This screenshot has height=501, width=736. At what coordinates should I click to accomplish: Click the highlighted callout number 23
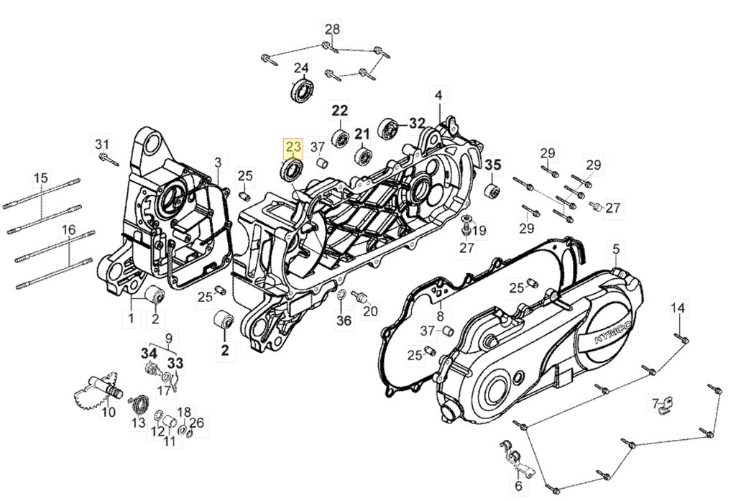tap(293, 147)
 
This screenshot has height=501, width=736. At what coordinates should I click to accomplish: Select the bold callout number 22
tap(340, 111)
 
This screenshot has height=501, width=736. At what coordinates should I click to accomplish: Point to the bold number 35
tap(493, 165)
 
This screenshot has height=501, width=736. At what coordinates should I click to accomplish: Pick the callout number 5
tap(616, 250)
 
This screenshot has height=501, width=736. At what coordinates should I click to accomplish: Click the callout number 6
tap(518, 485)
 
